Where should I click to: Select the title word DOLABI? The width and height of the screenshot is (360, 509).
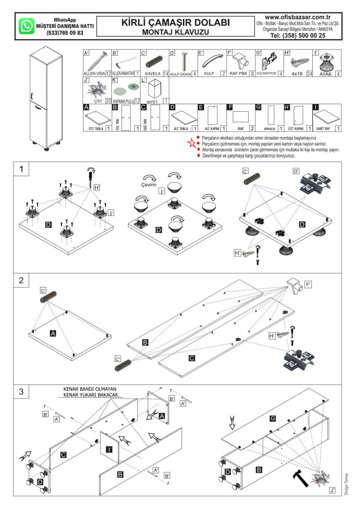point(208,23)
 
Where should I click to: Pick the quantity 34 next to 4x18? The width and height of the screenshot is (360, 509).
point(309,74)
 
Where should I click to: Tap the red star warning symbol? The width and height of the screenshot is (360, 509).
point(191,142)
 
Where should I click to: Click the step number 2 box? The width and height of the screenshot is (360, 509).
point(21,281)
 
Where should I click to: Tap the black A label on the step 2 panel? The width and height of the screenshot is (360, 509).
point(53,334)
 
